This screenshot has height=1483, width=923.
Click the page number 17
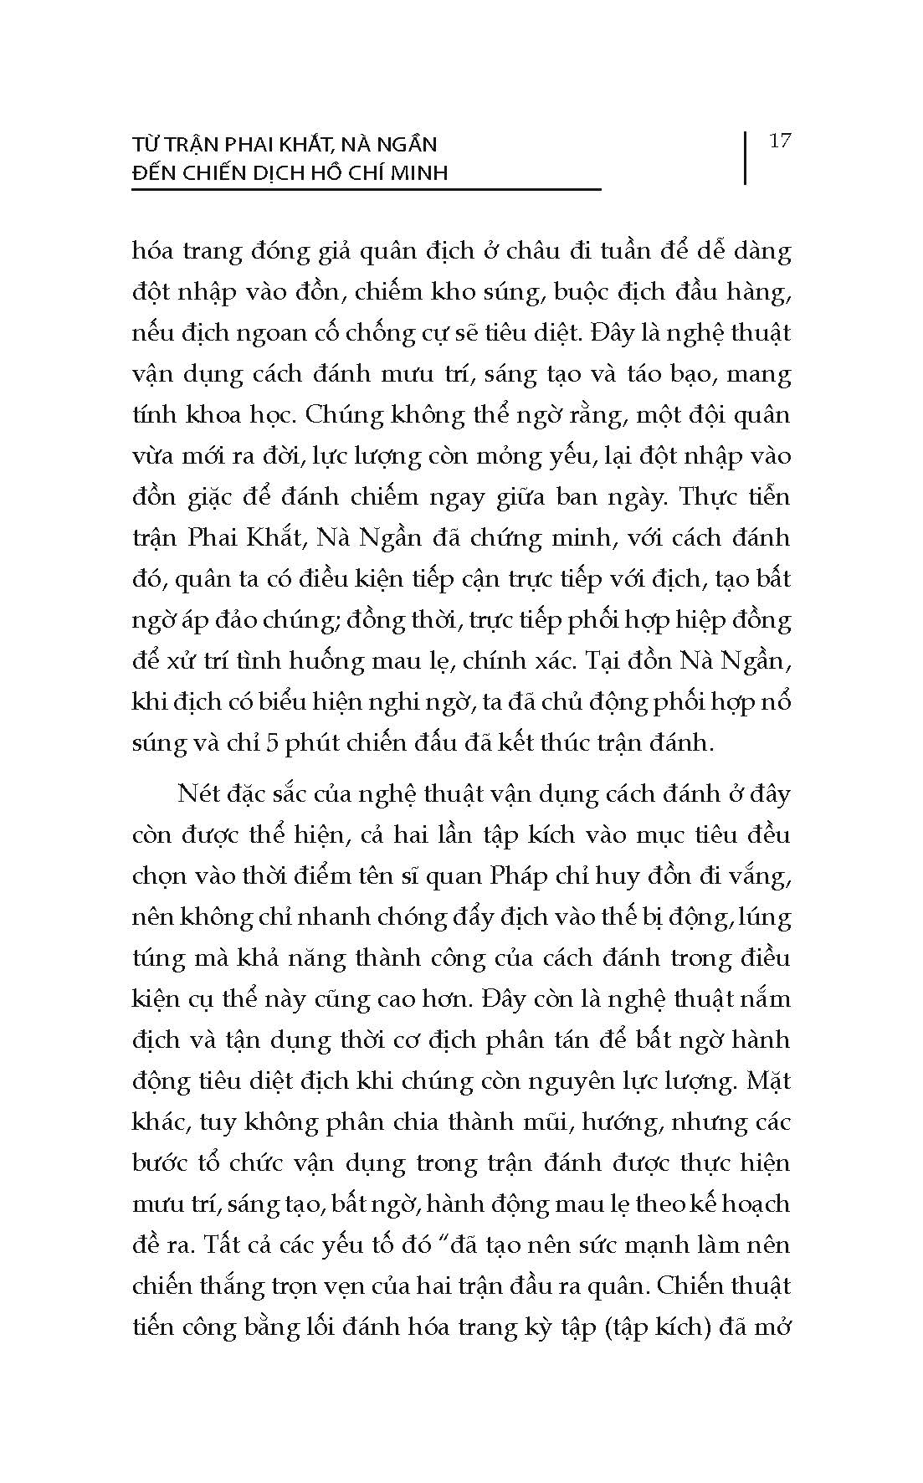click(779, 141)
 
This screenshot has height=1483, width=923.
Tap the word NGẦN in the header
click(406, 145)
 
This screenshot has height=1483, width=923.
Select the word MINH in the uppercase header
click(417, 173)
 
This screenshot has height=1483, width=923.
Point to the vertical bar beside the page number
click(744, 157)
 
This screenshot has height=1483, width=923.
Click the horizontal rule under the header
click(366, 189)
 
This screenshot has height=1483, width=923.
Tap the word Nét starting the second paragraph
click(197, 793)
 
